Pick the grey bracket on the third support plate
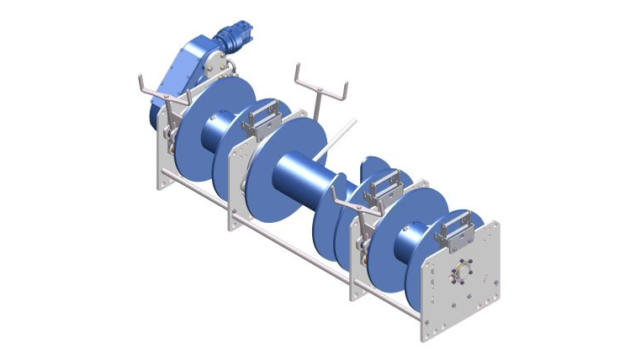pos(384,188)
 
